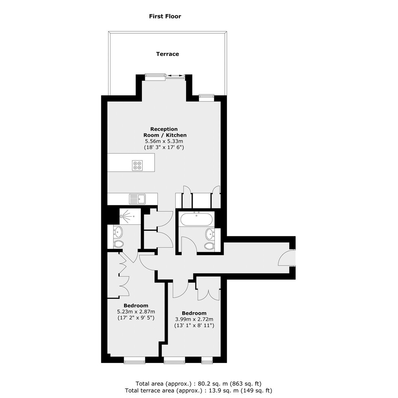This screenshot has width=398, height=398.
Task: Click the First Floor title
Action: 165,16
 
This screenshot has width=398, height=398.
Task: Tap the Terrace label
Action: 168,54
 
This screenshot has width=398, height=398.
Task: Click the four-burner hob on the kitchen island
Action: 137,165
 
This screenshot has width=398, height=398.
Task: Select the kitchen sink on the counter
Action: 137,199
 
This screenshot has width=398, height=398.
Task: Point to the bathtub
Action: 196,219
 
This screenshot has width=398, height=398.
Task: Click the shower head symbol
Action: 123,217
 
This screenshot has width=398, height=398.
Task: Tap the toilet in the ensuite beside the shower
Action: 118,244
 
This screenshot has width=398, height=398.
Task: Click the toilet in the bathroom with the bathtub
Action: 210,246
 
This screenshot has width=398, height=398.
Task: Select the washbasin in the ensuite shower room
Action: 118,232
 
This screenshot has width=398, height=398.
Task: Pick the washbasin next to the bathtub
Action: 210,234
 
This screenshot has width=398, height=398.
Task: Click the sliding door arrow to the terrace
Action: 175,76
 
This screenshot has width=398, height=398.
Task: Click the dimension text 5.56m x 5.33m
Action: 164,141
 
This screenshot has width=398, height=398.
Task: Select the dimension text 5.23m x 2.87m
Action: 136,311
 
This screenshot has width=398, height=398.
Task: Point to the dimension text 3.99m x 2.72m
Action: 194,319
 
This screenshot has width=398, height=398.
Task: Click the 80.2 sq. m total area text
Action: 199,384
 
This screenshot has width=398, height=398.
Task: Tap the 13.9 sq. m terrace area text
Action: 199,390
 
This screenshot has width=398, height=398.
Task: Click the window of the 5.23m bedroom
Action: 135,360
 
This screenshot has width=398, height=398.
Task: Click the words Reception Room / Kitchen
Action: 165,132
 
